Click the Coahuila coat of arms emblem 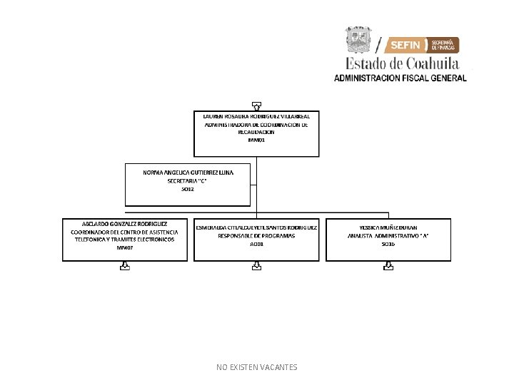coord(358,40)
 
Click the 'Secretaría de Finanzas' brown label coord(443,45)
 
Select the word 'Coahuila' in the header coord(425,63)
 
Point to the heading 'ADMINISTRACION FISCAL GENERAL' coord(400,78)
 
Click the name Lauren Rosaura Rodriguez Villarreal coord(256,115)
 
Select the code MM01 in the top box coord(256,140)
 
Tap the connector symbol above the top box coord(256,106)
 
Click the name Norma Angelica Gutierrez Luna coord(188,173)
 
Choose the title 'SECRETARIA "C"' coord(188,181)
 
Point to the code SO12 coord(188,189)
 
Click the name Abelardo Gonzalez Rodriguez coord(125,223)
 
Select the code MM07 coord(125,247)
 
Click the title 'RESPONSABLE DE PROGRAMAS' coord(256,235)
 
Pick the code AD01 coord(256,244)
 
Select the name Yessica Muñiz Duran coord(388,227)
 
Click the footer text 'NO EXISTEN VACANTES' coord(256,367)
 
